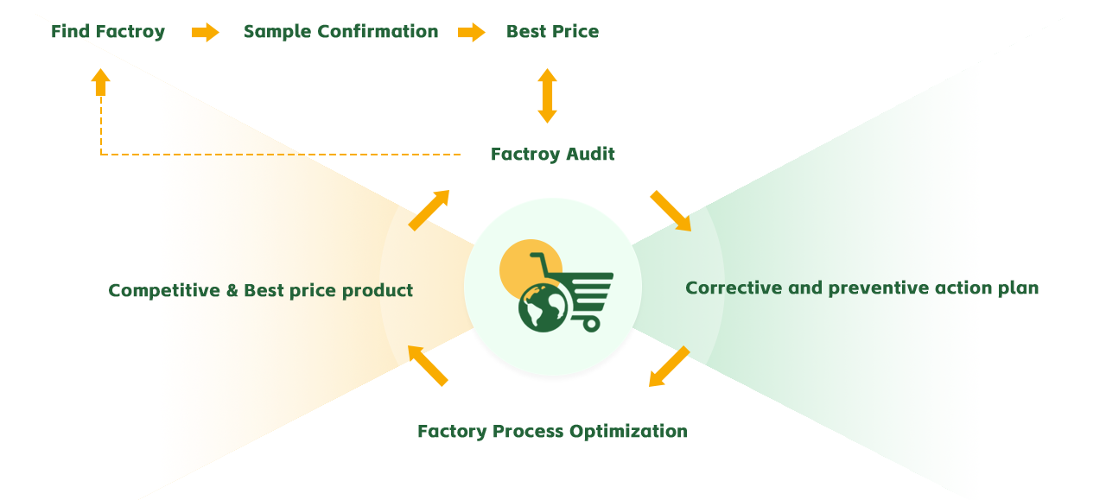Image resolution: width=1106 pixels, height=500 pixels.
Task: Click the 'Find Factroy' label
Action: pyautogui.click(x=108, y=32)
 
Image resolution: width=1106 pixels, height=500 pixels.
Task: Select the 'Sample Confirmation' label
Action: pyautogui.click(x=341, y=32)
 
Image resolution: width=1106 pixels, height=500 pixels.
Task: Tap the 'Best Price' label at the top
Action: pyautogui.click(x=552, y=32)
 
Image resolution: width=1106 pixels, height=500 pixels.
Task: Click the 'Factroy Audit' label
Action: pyautogui.click(x=553, y=155)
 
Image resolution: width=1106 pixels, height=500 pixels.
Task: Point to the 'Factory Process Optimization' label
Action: pyautogui.click(x=552, y=432)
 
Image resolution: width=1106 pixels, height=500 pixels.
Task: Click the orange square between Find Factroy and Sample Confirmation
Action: pyautogui.click(x=206, y=32)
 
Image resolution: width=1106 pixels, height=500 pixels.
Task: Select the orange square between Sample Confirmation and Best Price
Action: pyautogui.click(x=472, y=32)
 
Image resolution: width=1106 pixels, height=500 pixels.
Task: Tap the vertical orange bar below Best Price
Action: pyautogui.click(x=547, y=96)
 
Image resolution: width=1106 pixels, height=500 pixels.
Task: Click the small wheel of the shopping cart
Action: pyautogui.click(x=591, y=324)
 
